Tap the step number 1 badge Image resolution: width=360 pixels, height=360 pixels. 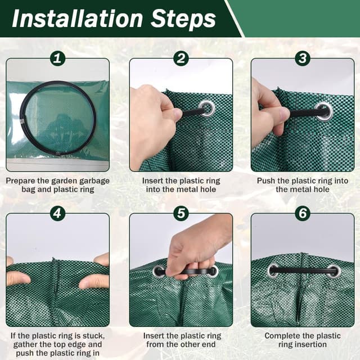tap(58, 58)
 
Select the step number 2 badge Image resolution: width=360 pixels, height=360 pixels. tap(181, 58)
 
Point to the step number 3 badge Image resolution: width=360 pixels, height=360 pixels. tap(303, 58)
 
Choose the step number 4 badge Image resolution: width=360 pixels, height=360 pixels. tap(58, 213)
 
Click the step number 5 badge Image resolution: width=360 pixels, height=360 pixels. tap(181, 213)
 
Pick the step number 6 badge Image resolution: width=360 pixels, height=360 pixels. tap(303, 213)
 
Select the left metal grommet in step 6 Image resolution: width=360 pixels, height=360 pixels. tap(274, 271)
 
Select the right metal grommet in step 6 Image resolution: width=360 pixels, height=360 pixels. tap(334, 271)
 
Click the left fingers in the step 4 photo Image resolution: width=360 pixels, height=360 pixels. tap(17, 277)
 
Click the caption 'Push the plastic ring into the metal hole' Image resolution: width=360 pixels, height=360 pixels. tap(303, 185)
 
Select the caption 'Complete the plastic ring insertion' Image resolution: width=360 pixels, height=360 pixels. tap(303, 340)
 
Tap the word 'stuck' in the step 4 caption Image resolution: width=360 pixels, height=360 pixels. tap(93, 336)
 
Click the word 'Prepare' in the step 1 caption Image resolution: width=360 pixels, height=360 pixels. tap(22, 181)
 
